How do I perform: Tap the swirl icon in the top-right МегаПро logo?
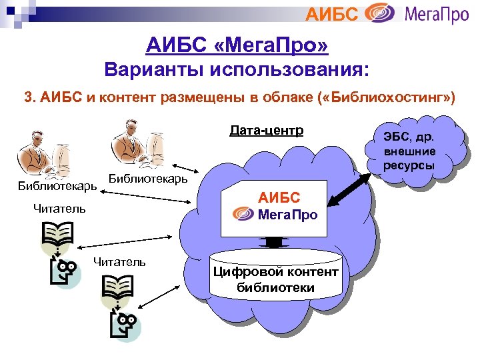pos(383,13)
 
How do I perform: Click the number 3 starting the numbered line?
pos(27,98)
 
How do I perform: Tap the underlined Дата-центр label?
pos(266,130)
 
